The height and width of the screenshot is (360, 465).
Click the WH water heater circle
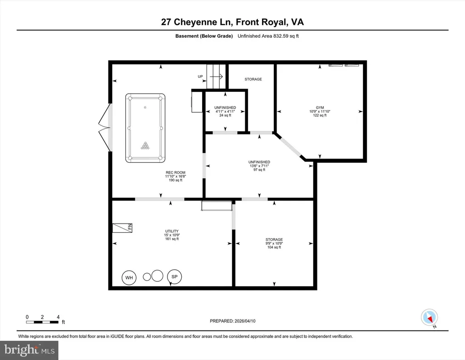tap(129, 278)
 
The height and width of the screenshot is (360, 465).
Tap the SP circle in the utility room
tap(174, 277)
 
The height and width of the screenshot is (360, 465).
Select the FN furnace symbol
tap(122, 228)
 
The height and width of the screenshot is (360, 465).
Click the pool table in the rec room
tap(145, 128)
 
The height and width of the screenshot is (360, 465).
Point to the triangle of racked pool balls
tap(145, 145)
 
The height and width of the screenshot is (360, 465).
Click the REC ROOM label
tap(176, 172)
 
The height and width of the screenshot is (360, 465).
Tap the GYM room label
tap(320, 107)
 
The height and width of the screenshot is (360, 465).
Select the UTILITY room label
tap(172, 231)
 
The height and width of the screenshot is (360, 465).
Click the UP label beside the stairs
tap(200, 76)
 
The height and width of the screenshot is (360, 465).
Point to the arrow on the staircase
tap(216, 76)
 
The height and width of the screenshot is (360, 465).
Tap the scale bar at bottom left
tap(42, 322)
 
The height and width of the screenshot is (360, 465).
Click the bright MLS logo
tap(29, 350)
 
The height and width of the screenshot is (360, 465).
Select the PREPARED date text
tap(232, 321)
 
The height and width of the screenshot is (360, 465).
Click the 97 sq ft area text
tap(259, 170)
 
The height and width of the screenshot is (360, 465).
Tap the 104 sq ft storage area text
tap(274, 247)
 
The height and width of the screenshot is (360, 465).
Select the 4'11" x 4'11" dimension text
tap(225, 111)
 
